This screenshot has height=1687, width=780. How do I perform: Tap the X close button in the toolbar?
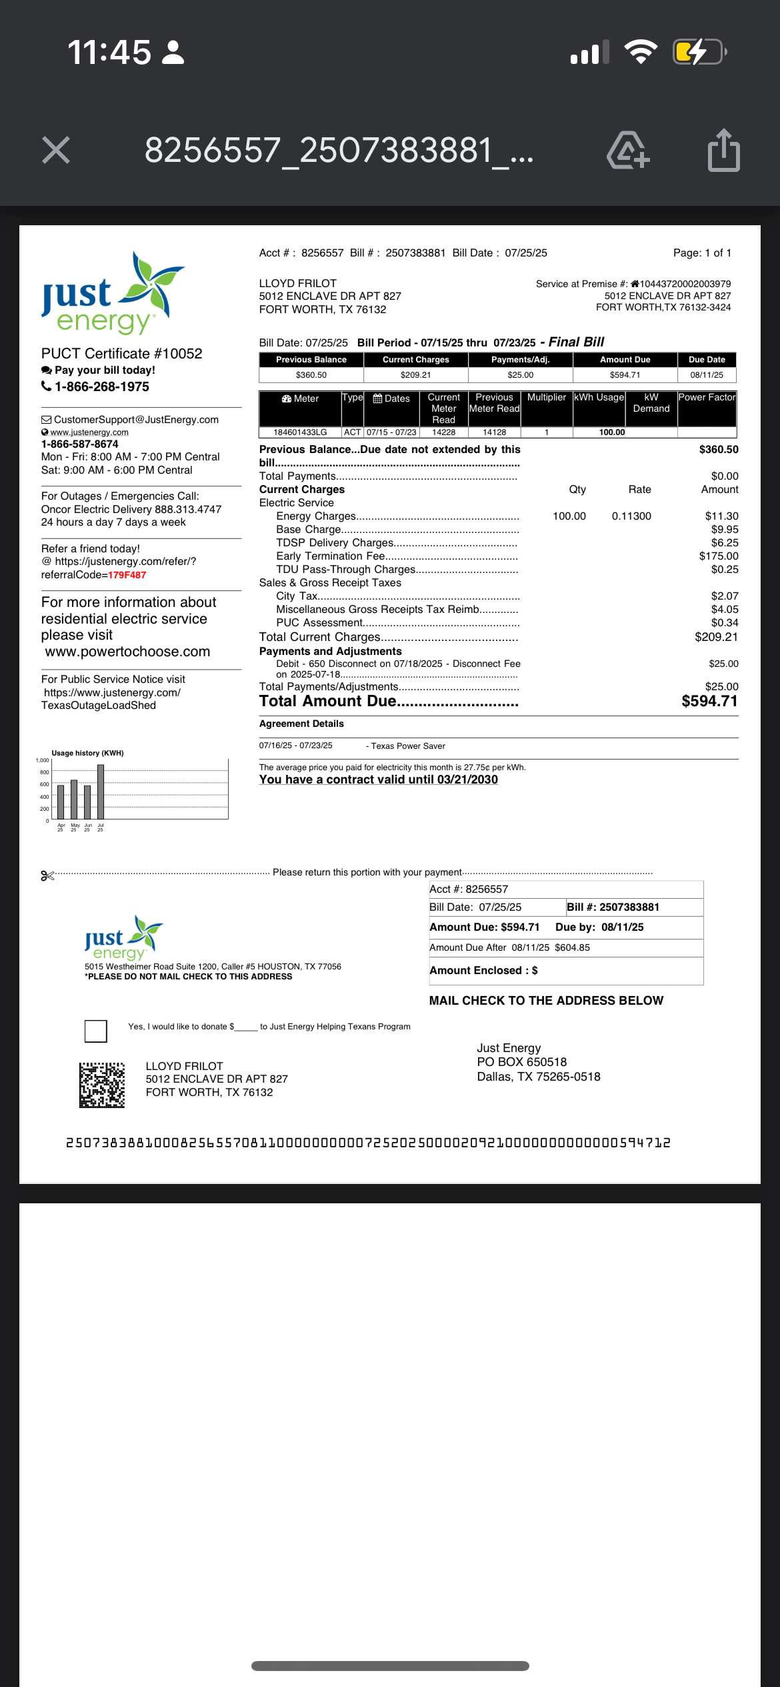click(56, 150)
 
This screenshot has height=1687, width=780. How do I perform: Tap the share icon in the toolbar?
click(723, 151)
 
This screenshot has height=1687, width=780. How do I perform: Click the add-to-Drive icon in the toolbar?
click(627, 151)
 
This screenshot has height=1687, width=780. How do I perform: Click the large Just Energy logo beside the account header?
click(112, 294)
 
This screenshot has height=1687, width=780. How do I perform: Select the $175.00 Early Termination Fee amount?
click(718, 556)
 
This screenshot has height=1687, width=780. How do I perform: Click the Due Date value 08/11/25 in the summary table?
click(707, 375)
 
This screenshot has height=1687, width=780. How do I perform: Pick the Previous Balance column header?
click(311, 360)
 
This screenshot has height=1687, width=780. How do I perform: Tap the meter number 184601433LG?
click(300, 432)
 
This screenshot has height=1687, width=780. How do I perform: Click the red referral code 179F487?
click(127, 575)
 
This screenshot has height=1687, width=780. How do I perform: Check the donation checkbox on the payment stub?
click(96, 1031)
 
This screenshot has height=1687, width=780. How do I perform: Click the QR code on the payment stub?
click(102, 1085)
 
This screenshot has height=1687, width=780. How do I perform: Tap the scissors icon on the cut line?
click(47, 875)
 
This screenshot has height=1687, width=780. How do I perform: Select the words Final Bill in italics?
click(576, 342)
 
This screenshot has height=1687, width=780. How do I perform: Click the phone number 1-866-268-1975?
click(102, 387)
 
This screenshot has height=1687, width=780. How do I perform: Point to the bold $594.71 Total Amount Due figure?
click(709, 702)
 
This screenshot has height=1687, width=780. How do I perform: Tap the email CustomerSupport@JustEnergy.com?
click(136, 420)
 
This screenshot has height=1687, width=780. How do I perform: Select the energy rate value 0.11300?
click(631, 516)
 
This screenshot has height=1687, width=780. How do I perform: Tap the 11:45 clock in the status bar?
click(109, 52)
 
